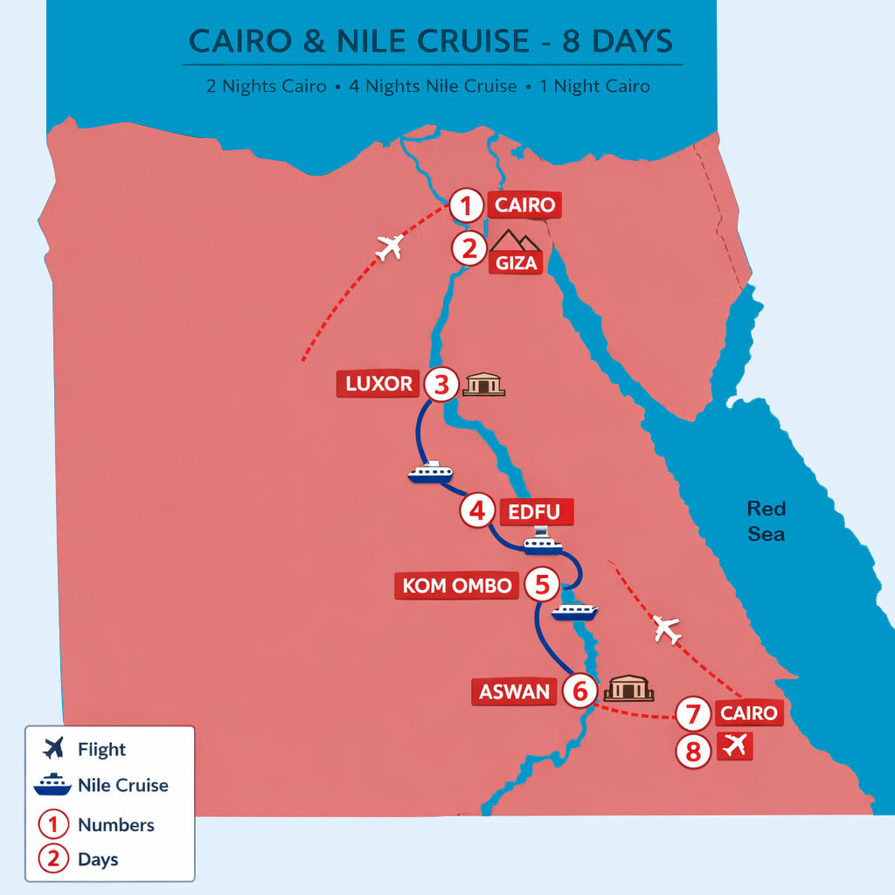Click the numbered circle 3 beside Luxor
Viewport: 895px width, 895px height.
click(x=441, y=384)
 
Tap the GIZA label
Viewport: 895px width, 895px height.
click(x=516, y=262)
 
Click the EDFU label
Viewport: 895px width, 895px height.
click(x=536, y=511)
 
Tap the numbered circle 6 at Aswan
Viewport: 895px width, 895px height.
click(x=579, y=691)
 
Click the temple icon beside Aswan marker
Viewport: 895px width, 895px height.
click(x=628, y=689)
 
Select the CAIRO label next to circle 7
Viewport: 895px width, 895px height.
click(x=748, y=713)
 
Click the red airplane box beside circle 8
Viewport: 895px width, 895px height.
click(x=734, y=747)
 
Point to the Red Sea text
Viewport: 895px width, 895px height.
click(x=766, y=521)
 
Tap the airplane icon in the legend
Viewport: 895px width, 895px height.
click(x=52, y=749)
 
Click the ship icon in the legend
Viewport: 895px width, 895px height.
click(x=52, y=785)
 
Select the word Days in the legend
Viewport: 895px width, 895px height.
click(x=98, y=859)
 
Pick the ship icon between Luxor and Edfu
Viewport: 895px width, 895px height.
click(x=430, y=472)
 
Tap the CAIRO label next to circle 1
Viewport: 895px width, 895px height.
click(x=524, y=206)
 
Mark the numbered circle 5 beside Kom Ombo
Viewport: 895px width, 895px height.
click(x=542, y=585)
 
